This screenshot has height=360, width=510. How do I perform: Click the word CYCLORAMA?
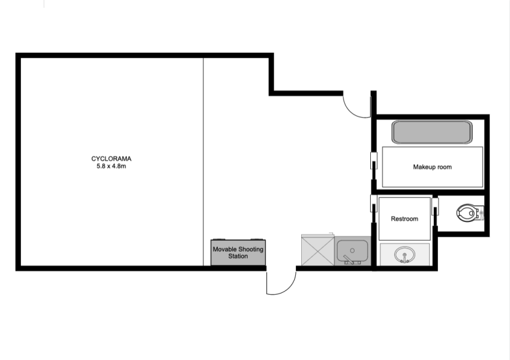[x=111, y=158]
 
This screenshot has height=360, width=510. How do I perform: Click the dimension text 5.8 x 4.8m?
[x=111, y=166]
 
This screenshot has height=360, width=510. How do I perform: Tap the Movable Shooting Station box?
[x=238, y=253]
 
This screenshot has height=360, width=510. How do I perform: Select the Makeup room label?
[x=432, y=167]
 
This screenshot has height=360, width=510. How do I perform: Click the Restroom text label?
[x=404, y=219]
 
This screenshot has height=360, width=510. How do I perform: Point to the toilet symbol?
[x=470, y=213]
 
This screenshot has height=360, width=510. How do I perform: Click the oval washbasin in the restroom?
[x=404, y=254]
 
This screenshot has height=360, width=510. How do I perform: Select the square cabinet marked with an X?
[x=318, y=250]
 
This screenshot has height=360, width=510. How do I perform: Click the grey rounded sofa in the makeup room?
[x=432, y=132]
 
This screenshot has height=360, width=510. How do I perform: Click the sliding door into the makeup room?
[x=374, y=161]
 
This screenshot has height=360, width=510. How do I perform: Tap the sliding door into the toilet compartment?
[x=435, y=206]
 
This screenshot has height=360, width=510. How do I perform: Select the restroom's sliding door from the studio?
[x=374, y=203]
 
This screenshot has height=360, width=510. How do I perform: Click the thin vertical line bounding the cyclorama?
[x=203, y=161]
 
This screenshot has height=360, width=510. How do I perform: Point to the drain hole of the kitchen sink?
[x=352, y=250]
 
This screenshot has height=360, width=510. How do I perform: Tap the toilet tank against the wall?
[x=481, y=213]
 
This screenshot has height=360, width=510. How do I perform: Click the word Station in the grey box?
[x=238, y=256]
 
